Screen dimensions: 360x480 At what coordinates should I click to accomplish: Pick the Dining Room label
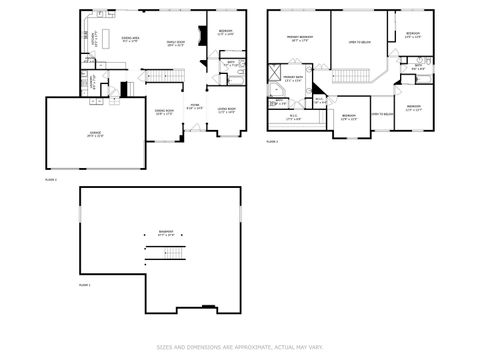tap(164, 112)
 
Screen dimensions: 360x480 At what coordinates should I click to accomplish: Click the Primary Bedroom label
tap(298, 41)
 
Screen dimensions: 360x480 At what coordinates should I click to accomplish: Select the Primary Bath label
tap(293, 79)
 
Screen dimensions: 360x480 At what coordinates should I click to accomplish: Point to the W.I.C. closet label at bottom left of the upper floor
tap(292, 117)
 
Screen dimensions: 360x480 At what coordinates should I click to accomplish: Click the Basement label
tap(165, 233)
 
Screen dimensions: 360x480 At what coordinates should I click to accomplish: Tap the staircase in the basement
tap(165, 254)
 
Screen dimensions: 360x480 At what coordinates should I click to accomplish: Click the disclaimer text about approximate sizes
tap(239, 348)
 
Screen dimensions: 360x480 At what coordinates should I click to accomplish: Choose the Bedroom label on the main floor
tap(226, 32)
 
